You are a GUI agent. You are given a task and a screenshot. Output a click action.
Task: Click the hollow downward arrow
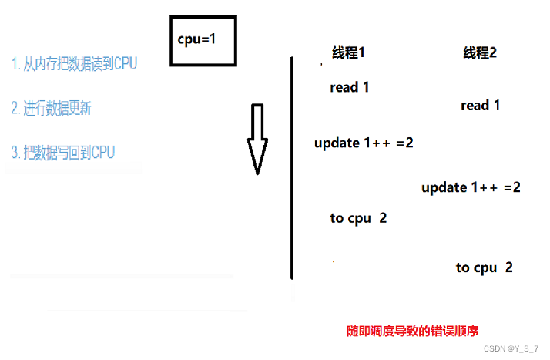pyautogui.click(x=257, y=139)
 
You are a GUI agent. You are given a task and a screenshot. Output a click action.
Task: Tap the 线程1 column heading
pyautogui.click(x=348, y=53)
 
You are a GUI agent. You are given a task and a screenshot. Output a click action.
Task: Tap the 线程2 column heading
pyautogui.click(x=479, y=53)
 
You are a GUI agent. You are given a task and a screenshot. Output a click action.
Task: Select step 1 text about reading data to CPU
pyautogui.click(x=74, y=64)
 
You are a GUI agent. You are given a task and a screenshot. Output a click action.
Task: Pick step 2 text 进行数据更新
pyautogui.click(x=51, y=108)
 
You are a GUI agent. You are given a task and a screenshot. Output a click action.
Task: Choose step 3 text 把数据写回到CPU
pyautogui.click(x=62, y=152)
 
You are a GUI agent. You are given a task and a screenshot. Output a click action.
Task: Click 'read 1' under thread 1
pyautogui.click(x=350, y=87)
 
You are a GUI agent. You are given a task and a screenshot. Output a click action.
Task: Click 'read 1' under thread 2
pyautogui.click(x=480, y=105)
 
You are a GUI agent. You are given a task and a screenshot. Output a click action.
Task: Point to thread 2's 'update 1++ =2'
pyautogui.click(x=471, y=187)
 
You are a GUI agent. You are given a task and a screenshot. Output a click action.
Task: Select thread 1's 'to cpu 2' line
pyautogui.click(x=358, y=218)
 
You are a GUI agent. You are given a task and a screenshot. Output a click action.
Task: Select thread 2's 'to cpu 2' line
pyautogui.click(x=484, y=267)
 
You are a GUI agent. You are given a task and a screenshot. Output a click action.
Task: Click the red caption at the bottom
pyautogui.click(x=413, y=331)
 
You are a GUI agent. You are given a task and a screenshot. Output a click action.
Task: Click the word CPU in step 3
pyautogui.click(x=102, y=152)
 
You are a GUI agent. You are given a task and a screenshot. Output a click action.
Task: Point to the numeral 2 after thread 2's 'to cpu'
pyautogui.click(x=508, y=267)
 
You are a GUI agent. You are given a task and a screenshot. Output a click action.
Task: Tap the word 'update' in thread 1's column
pyautogui.click(x=337, y=143)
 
